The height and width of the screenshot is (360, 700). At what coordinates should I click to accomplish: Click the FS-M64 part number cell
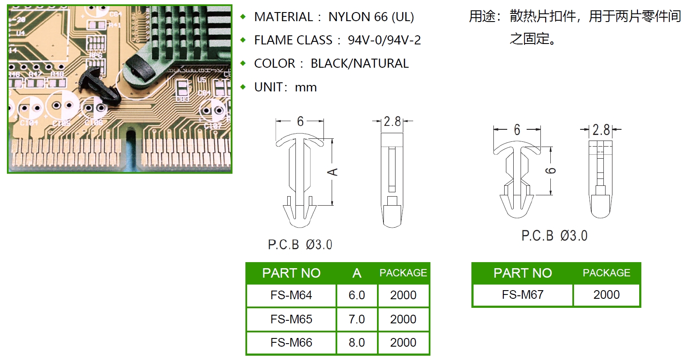click(291, 295)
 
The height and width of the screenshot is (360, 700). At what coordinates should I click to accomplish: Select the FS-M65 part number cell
click(291, 319)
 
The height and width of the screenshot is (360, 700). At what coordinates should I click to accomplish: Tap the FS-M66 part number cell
click(291, 342)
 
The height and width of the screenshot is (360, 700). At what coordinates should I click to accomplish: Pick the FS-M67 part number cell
click(523, 295)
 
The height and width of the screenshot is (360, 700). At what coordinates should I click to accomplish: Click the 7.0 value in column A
click(357, 319)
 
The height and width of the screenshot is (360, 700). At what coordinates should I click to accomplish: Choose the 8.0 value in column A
click(357, 342)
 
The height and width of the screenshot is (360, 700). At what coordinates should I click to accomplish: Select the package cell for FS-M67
click(606, 295)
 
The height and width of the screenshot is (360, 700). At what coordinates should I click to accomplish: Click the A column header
click(357, 273)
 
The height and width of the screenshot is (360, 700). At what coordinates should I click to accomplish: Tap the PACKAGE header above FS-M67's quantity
click(606, 273)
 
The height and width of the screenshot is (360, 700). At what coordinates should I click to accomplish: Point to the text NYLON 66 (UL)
click(371, 17)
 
